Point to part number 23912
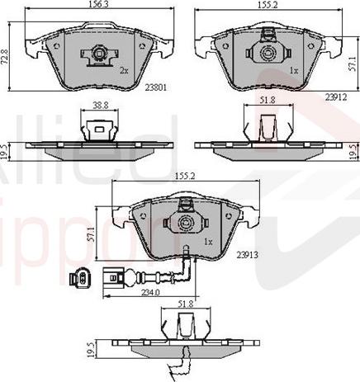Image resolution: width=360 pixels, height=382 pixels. pyautogui.click(x=334, y=96)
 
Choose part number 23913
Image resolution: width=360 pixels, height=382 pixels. pyautogui.click(x=248, y=255)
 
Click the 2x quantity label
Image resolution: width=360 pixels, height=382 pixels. pyautogui.click(x=124, y=71)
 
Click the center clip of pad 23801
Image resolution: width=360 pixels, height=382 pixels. pyautogui.click(x=98, y=55)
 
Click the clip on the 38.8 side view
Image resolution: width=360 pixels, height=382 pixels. pyautogui.click(x=96, y=128)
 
